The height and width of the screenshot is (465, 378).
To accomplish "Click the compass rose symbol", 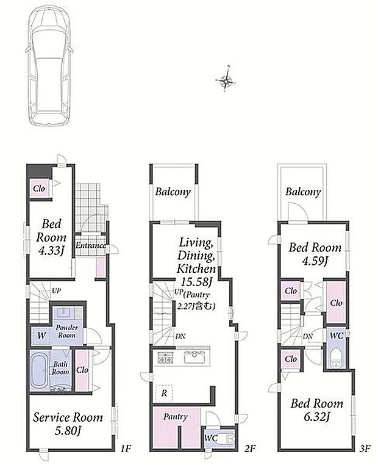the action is click(x=226, y=80).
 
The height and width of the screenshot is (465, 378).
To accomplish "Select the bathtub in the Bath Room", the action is click(x=40, y=371).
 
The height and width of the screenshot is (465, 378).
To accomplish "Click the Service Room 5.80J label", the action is click(x=68, y=424).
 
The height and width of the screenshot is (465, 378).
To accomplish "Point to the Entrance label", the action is click(x=90, y=245).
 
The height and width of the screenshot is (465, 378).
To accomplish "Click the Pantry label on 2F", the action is click(x=176, y=417).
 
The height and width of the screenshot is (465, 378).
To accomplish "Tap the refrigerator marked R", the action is click(x=164, y=393).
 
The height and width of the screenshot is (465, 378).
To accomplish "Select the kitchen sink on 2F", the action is click(x=194, y=358).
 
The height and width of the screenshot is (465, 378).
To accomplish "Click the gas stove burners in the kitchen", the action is click(x=165, y=358).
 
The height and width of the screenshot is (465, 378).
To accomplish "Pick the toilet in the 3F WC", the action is click(x=336, y=358).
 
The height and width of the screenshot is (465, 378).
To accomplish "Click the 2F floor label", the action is click(x=250, y=449).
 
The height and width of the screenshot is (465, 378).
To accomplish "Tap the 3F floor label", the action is click(x=365, y=449).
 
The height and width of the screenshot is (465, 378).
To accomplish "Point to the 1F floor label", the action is click(x=126, y=449).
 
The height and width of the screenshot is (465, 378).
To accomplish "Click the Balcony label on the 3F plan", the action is click(x=303, y=192).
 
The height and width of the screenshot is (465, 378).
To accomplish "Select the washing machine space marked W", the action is click(x=42, y=336).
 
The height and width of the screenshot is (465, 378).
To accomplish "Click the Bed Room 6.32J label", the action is click(x=316, y=410).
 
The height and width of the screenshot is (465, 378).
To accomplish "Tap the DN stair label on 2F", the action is click(x=180, y=336).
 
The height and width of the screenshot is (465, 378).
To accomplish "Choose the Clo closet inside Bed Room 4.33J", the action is click(x=39, y=189).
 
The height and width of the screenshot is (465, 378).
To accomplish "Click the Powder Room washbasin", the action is click(x=63, y=312).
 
